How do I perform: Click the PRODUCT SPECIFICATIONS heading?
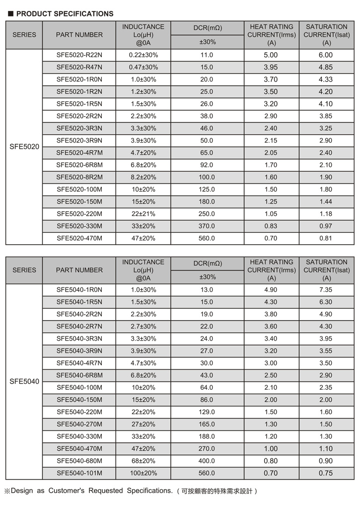(x=65, y=13)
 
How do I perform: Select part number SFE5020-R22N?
(x=79, y=55)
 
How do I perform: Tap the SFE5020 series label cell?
(x=24, y=147)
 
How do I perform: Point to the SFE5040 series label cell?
(x=24, y=382)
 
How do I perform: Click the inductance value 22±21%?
(x=143, y=214)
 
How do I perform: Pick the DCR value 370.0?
(x=207, y=226)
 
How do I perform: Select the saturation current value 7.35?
(x=326, y=290)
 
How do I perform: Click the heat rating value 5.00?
(x=271, y=55)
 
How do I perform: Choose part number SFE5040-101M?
(x=79, y=473)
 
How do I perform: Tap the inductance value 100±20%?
(x=143, y=473)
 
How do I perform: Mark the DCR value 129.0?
(x=207, y=412)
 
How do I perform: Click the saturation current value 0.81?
(x=326, y=238)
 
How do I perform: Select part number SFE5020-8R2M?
(x=79, y=177)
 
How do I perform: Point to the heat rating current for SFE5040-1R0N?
(x=271, y=290)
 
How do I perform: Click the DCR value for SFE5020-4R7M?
(x=207, y=153)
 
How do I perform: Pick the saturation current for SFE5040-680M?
(x=326, y=461)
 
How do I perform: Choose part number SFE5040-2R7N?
(x=79, y=326)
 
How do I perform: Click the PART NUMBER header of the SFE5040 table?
(x=79, y=270)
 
